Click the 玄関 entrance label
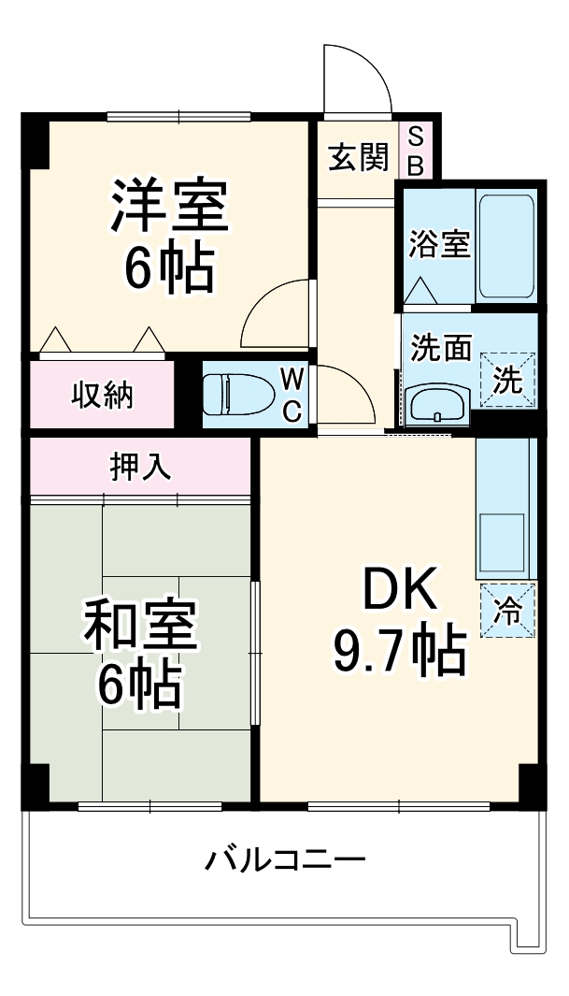[x=357, y=158]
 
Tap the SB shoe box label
[x=416, y=152]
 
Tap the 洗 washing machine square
[x=508, y=380]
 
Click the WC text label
[x=292, y=395]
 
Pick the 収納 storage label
[x=104, y=395]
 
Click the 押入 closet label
[x=141, y=466]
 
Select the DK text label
[x=399, y=590]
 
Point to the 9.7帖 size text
[x=399, y=651]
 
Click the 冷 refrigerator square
[x=508, y=611]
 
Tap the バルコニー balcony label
[x=285, y=858]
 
